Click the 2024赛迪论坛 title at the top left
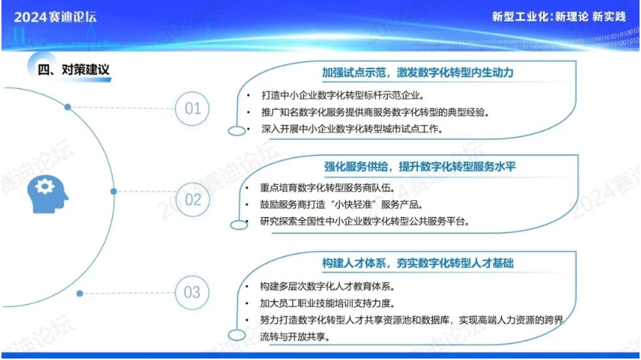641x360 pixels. point(55,17)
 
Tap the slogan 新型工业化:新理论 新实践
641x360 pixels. point(559,16)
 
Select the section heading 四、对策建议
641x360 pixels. point(74,69)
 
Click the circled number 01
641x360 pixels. point(193,108)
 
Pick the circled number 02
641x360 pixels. point(193,200)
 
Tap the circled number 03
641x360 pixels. point(192,292)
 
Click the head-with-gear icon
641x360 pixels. point(47,194)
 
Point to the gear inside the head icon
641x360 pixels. point(45,186)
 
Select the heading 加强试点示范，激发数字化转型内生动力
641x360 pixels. point(417,73)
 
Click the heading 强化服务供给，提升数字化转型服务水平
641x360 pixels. point(419,166)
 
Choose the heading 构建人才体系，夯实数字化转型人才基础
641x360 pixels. point(417,263)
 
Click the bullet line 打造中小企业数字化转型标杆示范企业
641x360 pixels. point(342,95)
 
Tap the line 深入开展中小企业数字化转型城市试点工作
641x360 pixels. point(352,129)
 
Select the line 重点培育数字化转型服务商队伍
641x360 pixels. point(327,188)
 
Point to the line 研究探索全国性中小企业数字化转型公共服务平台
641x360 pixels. point(364,222)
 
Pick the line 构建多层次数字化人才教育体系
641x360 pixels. point(327,286)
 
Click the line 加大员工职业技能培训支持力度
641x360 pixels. point(327,303)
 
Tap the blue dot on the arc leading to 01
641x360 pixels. point(68,107)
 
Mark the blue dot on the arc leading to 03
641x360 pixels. point(79,293)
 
